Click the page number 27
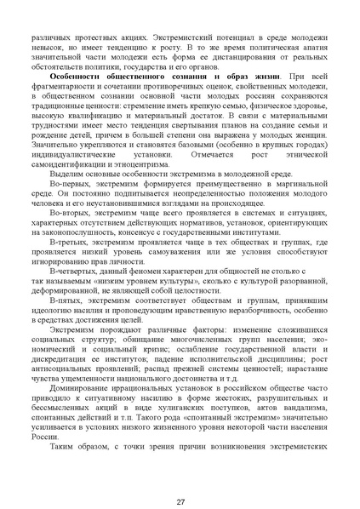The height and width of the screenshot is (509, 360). (x=180, y=478)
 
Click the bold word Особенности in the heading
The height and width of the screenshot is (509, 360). (x=77, y=77)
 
